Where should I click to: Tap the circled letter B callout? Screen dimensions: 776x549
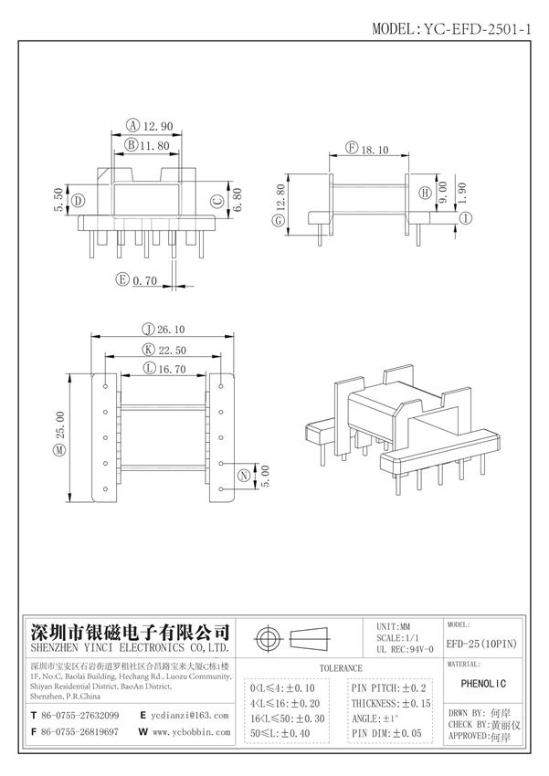pyautogui.click(x=132, y=144)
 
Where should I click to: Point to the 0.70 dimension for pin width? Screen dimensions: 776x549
pyautogui.click(x=146, y=280)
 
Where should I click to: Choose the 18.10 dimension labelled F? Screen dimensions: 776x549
pyautogui.click(x=375, y=148)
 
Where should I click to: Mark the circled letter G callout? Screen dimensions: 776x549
pyautogui.click(x=276, y=220)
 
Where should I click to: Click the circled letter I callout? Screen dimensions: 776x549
pyautogui.click(x=465, y=218)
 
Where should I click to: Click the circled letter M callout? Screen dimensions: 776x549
pyautogui.click(x=60, y=450)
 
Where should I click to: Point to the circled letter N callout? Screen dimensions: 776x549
pyautogui.click(x=244, y=476)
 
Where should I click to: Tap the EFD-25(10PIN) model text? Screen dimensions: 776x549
pyautogui.click(x=481, y=643)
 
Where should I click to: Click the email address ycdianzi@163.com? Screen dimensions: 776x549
pyautogui.click(x=188, y=715)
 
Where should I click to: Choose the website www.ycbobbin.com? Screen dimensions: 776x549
pyautogui.click(x=189, y=732)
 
